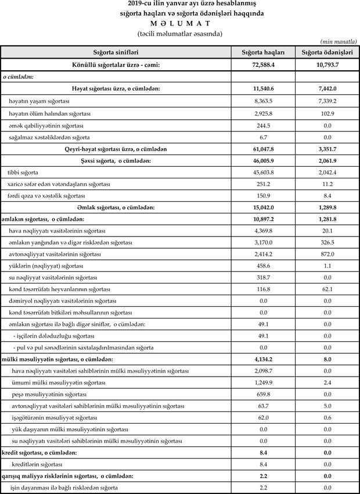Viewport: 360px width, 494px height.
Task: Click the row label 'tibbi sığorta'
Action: click(23, 173)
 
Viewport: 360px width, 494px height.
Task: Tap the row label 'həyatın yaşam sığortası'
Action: click(39, 101)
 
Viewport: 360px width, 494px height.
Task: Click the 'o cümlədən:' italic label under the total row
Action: click(18, 76)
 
